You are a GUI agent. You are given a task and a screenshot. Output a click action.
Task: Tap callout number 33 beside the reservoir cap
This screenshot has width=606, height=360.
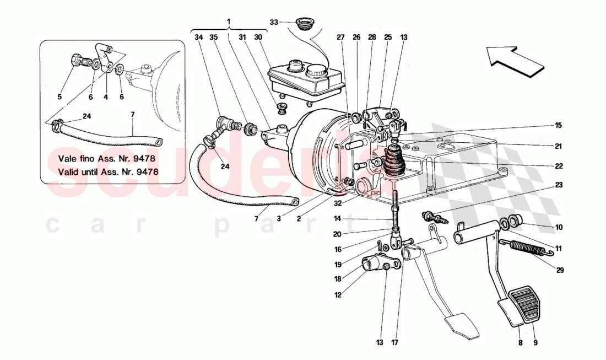tap(274, 23)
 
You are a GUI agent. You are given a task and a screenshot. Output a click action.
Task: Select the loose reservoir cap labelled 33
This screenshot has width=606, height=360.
tap(302, 24)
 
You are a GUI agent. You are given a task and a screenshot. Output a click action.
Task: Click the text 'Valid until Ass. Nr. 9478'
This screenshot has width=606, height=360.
tap(109, 171)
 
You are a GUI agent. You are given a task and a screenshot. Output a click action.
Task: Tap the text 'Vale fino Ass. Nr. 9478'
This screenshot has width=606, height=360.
tap(105, 158)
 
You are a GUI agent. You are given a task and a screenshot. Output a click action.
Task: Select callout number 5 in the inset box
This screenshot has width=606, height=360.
tap(59, 98)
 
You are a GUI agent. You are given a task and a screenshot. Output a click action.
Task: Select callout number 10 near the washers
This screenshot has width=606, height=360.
tap(559, 227)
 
